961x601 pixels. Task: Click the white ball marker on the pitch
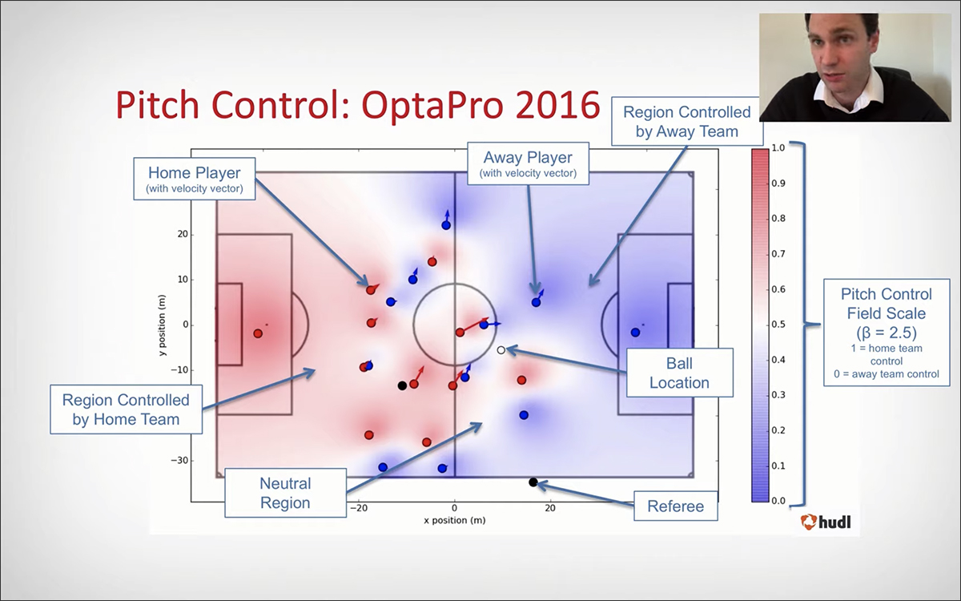pyautogui.click(x=501, y=350)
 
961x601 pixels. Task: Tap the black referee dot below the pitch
pyautogui.click(x=533, y=482)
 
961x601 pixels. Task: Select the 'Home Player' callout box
pyautogui.click(x=195, y=179)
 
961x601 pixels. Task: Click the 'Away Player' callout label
pyautogui.click(x=528, y=163)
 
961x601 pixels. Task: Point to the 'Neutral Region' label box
pyautogui.click(x=285, y=493)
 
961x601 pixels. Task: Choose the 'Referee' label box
pyautogui.click(x=676, y=506)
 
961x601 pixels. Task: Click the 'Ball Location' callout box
pyautogui.click(x=680, y=373)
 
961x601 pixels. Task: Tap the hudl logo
pyautogui.click(x=826, y=522)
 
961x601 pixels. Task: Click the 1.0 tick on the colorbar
pyautogui.click(x=778, y=148)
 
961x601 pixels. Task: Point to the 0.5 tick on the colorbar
pyautogui.click(x=778, y=324)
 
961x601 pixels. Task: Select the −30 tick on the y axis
pyautogui.click(x=179, y=460)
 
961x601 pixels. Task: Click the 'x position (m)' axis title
pyautogui.click(x=455, y=520)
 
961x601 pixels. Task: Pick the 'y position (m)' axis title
pyautogui.click(x=162, y=325)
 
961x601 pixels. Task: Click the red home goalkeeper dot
pyautogui.click(x=258, y=333)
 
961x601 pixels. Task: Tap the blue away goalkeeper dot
pyautogui.click(x=635, y=333)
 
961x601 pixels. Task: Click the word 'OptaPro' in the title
pyautogui.click(x=432, y=106)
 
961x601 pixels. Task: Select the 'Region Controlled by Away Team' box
pyautogui.click(x=687, y=122)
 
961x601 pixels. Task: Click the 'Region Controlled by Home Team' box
pyautogui.click(x=127, y=409)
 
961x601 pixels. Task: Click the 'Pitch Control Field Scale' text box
pyautogui.click(x=887, y=333)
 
